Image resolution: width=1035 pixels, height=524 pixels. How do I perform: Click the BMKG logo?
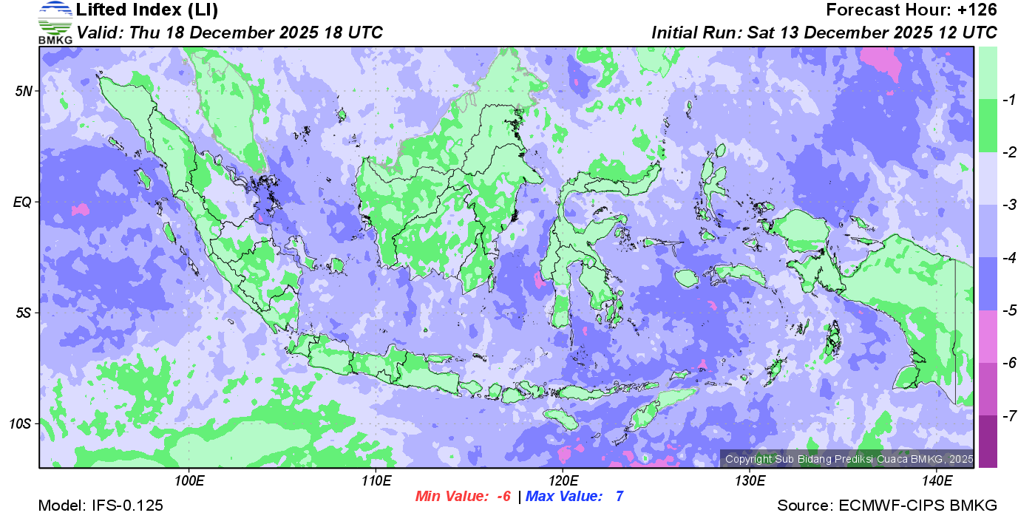coord(55,22)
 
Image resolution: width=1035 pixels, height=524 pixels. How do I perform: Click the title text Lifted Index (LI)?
coord(147,10)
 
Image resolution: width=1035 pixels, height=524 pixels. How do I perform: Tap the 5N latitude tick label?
coord(24,91)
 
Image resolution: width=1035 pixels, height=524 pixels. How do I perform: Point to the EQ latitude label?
coord(23,202)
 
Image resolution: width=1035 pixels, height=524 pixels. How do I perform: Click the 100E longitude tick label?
coord(189,481)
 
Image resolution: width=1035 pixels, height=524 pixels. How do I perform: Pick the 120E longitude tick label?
coord(563,481)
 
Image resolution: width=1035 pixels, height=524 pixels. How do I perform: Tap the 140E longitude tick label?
coord(937,481)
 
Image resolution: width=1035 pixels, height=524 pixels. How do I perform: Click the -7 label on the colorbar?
coord(1006,416)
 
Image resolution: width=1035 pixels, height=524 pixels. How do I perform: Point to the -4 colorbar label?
coord(1006,258)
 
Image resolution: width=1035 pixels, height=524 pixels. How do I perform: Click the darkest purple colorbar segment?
coord(988,441)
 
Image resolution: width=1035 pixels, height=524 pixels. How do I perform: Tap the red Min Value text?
coord(463,497)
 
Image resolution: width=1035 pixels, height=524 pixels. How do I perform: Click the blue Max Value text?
coord(574,497)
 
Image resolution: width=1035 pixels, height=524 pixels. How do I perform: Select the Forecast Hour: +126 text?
coord(912,10)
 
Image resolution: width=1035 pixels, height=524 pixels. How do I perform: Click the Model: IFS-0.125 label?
coord(101,506)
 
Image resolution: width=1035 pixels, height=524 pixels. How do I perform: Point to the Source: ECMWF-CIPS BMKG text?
coord(887,506)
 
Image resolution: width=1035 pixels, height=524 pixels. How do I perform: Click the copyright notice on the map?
coord(847,459)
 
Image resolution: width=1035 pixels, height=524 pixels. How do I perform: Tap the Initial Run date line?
coord(824,33)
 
